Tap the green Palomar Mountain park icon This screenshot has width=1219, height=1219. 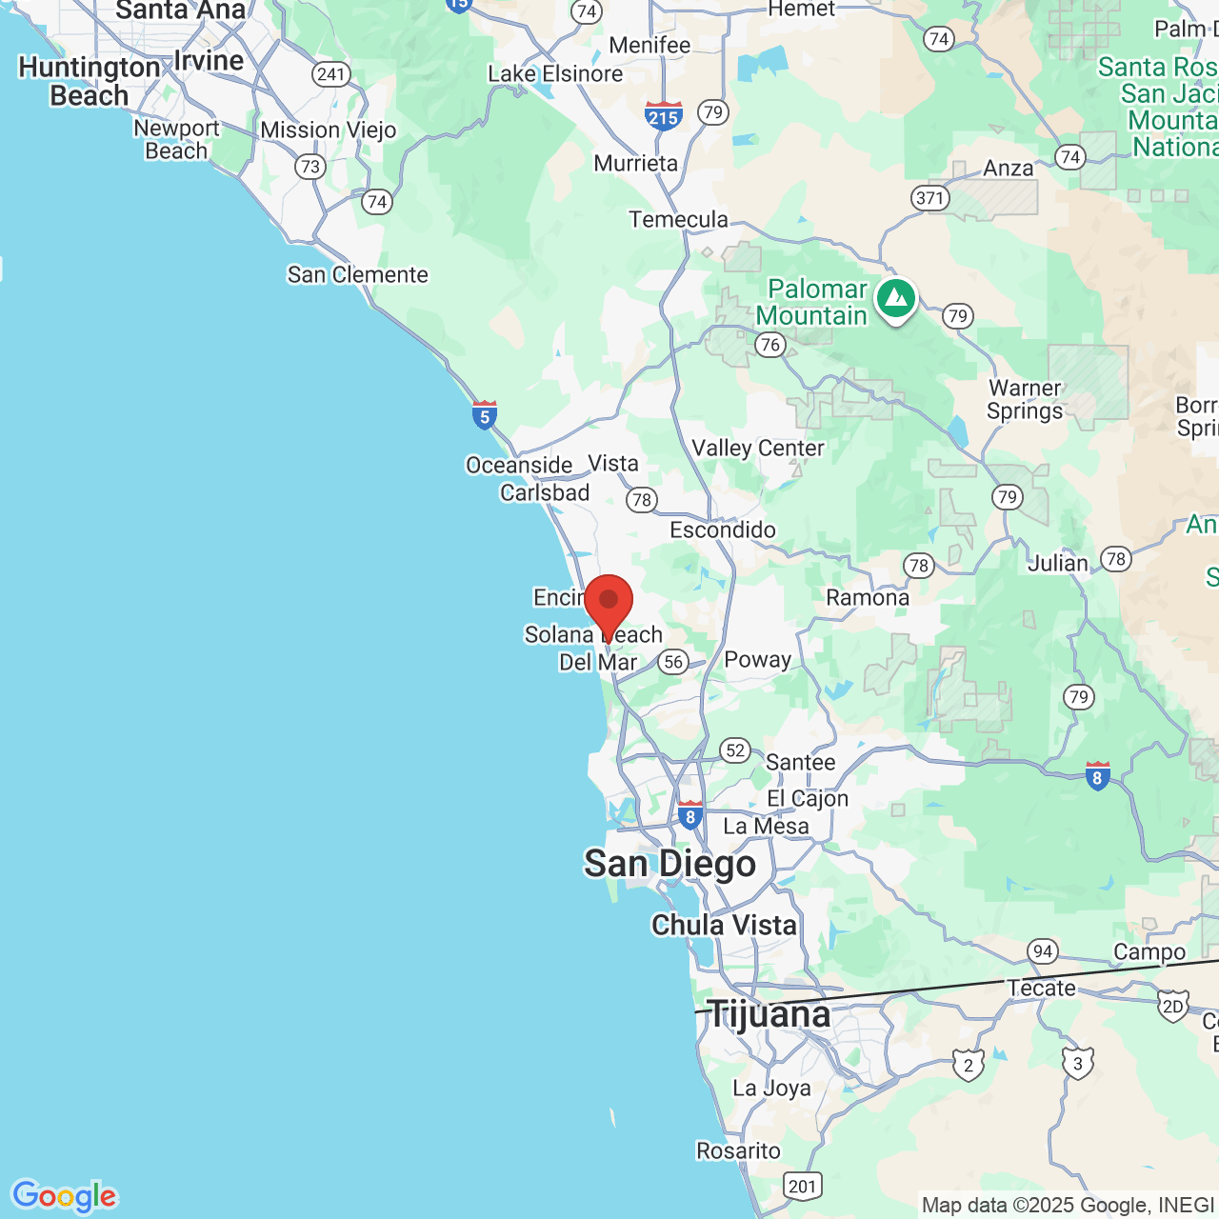coord(895,300)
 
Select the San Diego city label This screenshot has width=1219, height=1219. coord(669,864)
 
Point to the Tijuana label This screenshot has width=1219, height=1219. coord(769,1014)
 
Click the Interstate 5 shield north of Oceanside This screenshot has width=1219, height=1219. coord(485,415)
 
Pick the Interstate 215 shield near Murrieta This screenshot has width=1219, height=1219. coord(663,116)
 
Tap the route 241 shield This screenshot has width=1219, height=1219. coord(330,74)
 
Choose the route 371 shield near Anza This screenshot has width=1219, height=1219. coord(929,198)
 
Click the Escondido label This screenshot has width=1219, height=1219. coord(723,530)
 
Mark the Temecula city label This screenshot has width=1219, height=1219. coord(678,220)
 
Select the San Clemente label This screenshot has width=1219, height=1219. coord(358,274)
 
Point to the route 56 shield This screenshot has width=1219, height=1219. coord(673,662)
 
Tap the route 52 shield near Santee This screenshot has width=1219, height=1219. coord(735,750)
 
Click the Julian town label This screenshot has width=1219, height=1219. coord(1057,563)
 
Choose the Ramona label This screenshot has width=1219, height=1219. coord(868,597)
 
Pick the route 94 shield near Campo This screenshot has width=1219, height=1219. coord(1043,950)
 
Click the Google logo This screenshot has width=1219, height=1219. coord(64,1196)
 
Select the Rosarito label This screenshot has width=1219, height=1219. coord(738,1150)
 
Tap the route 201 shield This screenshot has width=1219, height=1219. coord(802,1186)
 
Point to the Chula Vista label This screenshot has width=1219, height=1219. coord(724,925)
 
